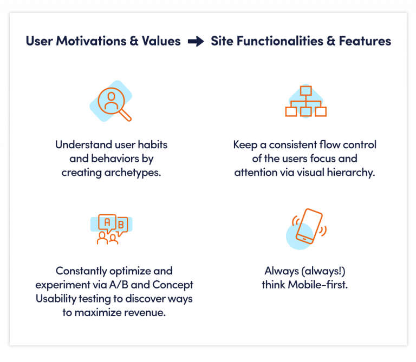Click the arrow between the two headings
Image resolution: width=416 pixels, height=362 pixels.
[196, 42]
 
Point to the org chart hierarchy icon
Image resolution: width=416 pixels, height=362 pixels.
[305, 102]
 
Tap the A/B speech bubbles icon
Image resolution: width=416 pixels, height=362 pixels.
[111, 229]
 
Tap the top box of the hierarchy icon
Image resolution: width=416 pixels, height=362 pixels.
[306, 91]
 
